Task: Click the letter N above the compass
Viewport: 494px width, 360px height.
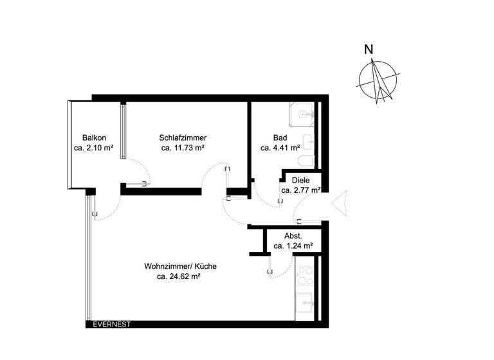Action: [369, 49]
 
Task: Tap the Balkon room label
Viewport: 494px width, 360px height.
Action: [94, 138]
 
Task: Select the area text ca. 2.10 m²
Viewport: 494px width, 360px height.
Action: [94, 148]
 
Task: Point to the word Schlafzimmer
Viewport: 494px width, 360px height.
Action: [183, 138]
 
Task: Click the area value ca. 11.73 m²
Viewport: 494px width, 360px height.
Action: [183, 148]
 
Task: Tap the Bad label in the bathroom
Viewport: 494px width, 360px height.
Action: [280, 138]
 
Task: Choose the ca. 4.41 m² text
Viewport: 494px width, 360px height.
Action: [280, 148]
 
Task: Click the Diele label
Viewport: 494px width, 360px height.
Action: [300, 181]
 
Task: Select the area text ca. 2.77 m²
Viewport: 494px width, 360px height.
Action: [300, 190]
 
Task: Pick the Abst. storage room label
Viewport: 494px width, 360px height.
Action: [293, 236]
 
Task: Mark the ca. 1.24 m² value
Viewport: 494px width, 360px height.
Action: [293, 246]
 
